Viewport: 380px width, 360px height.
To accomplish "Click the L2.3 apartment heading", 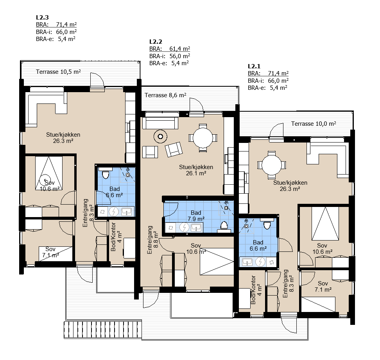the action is [42, 18].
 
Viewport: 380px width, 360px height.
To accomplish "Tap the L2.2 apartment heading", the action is [156, 42].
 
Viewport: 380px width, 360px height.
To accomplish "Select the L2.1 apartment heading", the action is [254, 66].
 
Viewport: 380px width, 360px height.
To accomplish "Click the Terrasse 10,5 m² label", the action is [58, 72].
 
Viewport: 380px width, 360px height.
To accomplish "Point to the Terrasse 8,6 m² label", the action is [165, 95].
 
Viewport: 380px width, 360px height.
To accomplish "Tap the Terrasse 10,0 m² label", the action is [314, 124].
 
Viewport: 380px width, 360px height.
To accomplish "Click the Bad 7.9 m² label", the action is [196, 216].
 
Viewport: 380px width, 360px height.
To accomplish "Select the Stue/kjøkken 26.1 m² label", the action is [196, 170].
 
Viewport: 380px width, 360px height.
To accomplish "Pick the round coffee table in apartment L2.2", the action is [160, 137].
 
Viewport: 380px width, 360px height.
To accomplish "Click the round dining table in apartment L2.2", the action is [203, 138].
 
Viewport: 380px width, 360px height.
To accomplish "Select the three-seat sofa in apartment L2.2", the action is [160, 123].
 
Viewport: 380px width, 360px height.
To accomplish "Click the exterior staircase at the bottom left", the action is [103, 330].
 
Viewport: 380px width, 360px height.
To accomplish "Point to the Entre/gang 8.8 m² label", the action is [153, 240].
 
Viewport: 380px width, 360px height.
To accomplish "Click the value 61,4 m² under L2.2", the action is [179, 49].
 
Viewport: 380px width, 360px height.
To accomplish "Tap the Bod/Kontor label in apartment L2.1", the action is [253, 290].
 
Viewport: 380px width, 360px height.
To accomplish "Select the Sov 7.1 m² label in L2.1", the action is [323, 287].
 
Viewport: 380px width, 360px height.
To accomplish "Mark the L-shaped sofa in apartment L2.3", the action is [46, 108].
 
